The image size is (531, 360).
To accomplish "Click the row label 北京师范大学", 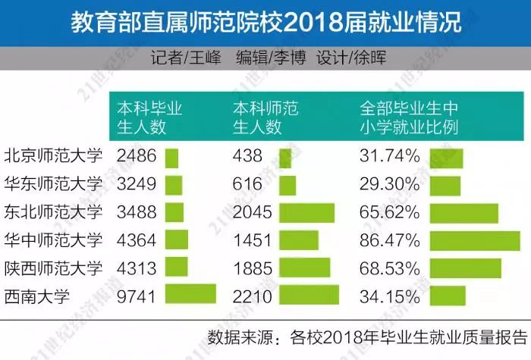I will (x=53, y=157).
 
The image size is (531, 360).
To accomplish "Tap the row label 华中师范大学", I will (x=53, y=240).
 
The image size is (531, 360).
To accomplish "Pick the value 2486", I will (x=137, y=157).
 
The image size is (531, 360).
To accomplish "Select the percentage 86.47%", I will (x=388, y=240).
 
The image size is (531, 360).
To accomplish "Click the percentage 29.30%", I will (x=388, y=185).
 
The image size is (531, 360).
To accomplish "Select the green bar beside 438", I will (x=285, y=158).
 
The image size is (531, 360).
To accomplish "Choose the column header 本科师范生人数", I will (x=264, y=117).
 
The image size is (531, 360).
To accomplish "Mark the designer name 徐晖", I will (x=369, y=58).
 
